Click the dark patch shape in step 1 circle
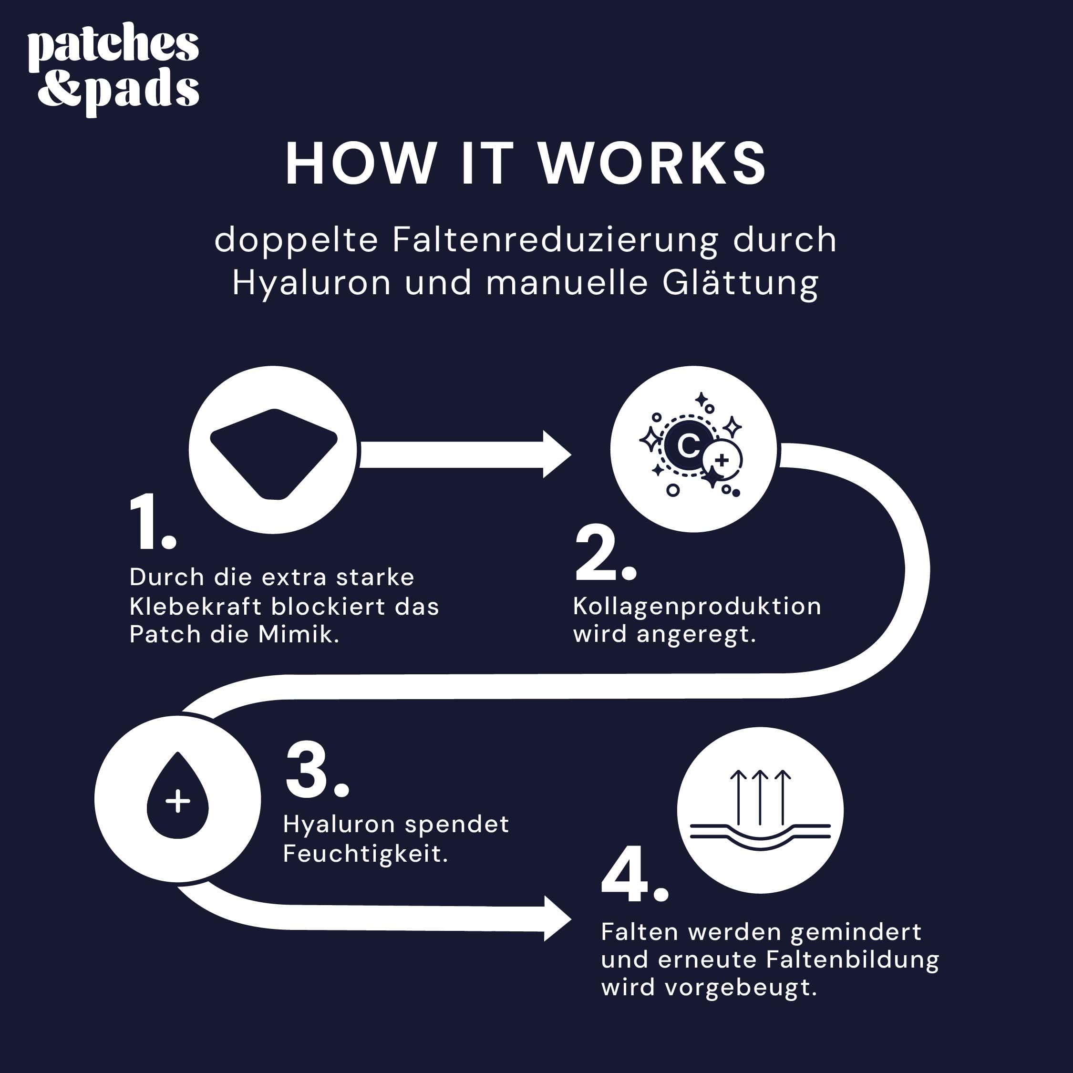pyautogui.click(x=273, y=453)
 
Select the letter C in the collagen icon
pyautogui.click(x=689, y=445)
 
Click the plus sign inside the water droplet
pyautogui.click(x=178, y=802)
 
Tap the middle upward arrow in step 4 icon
pyautogui.click(x=760, y=796)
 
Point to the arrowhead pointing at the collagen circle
pyautogui.click(x=557, y=454)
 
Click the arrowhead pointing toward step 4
pyautogui.click(x=557, y=918)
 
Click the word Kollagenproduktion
pyautogui.click(x=697, y=606)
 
